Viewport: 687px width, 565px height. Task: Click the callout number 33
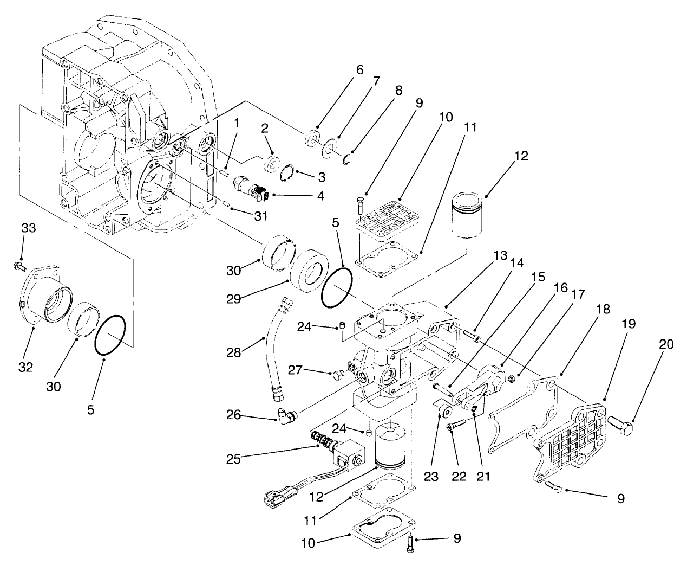28,228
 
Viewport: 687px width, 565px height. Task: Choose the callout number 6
359,70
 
